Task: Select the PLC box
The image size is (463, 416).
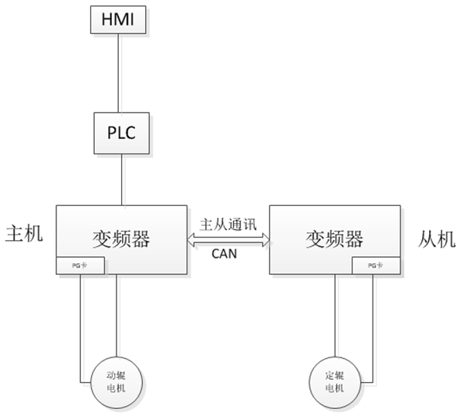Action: click(x=120, y=132)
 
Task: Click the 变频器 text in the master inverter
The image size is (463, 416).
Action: click(x=122, y=237)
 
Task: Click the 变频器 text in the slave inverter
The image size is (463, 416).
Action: click(x=334, y=237)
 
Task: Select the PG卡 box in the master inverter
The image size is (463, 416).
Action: click(x=80, y=265)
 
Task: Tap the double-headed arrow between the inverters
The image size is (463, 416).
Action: click(x=228, y=238)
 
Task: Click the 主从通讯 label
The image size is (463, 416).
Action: click(x=228, y=225)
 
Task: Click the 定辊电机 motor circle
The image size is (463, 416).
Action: click(x=334, y=380)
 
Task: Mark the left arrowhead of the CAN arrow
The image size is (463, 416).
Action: click(x=193, y=238)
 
